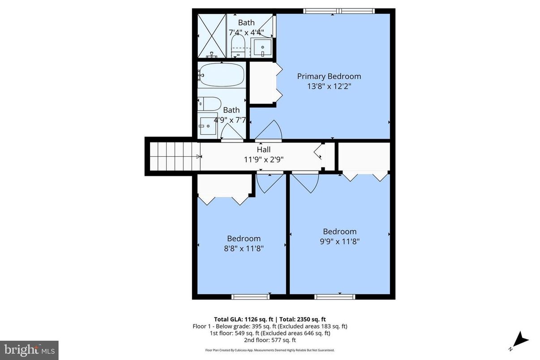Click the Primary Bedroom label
point(329,76)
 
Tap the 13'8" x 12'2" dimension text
point(329,86)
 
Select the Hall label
point(263,150)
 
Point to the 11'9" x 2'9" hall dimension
point(263,159)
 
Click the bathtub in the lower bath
point(222,75)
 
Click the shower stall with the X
point(212,35)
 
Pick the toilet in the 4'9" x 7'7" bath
point(210,104)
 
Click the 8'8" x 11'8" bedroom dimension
point(244,249)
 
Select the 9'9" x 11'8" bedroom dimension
point(340,241)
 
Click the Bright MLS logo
point(29,349)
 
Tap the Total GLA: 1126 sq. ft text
point(244,319)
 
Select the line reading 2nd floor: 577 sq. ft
point(267,340)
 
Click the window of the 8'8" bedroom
point(251,296)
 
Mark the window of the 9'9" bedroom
point(335,296)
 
